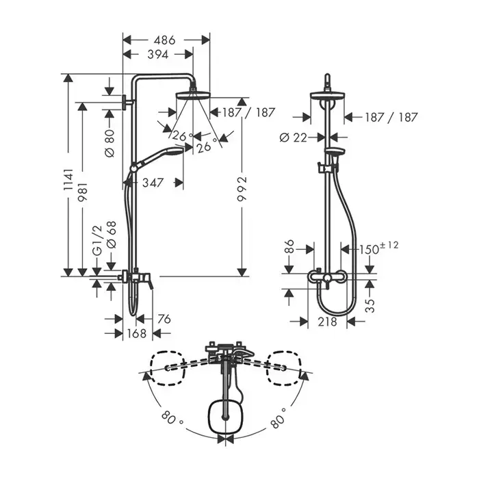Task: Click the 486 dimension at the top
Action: (x=164, y=40)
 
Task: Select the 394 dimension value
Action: (x=157, y=54)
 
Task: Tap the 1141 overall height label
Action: (x=68, y=179)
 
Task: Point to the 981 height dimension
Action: (x=83, y=192)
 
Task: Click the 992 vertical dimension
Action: (x=242, y=188)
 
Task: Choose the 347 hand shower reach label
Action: (x=153, y=183)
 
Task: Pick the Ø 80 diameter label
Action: (x=109, y=143)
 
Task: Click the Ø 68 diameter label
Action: (x=112, y=235)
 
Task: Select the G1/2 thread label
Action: (x=97, y=240)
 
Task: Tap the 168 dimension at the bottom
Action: (x=137, y=333)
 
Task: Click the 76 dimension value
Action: (x=164, y=320)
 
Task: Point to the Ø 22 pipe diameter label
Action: (x=294, y=138)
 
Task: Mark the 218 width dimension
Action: (x=327, y=322)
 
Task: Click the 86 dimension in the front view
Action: (x=289, y=246)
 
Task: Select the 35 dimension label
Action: (x=370, y=305)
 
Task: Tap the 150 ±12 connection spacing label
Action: (x=378, y=248)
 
